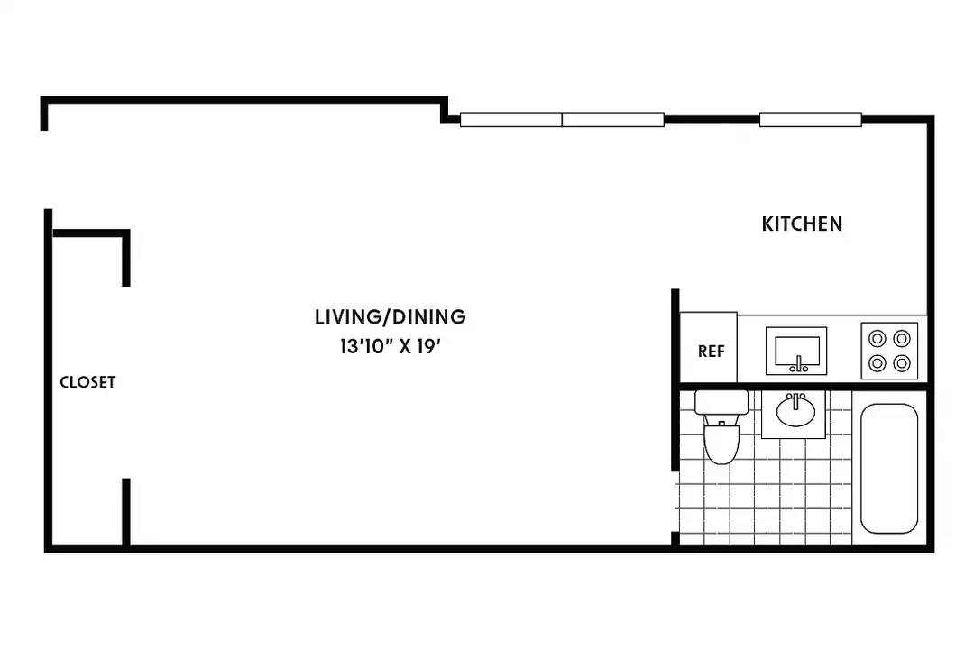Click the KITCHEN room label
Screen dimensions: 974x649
click(802, 224)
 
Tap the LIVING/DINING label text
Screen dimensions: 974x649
click(391, 316)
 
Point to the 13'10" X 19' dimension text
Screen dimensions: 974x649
click(391, 346)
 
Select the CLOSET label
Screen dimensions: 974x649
click(87, 382)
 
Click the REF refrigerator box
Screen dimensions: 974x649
click(709, 347)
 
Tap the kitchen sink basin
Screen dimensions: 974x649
click(796, 351)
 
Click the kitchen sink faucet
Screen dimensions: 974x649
click(798, 365)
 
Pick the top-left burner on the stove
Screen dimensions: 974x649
click(878, 339)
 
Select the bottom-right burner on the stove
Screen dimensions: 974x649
click(902, 362)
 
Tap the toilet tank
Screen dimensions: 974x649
click(721, 402)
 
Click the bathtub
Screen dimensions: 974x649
click(889, 469)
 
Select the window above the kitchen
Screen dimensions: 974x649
click(811, 119)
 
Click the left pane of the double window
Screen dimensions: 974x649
click(511, 119)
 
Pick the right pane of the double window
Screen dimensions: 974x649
click(613, 119)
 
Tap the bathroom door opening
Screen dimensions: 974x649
click(675, 501)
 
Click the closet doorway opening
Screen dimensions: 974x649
click(126, 382)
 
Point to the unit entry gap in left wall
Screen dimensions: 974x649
click(45, 169)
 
